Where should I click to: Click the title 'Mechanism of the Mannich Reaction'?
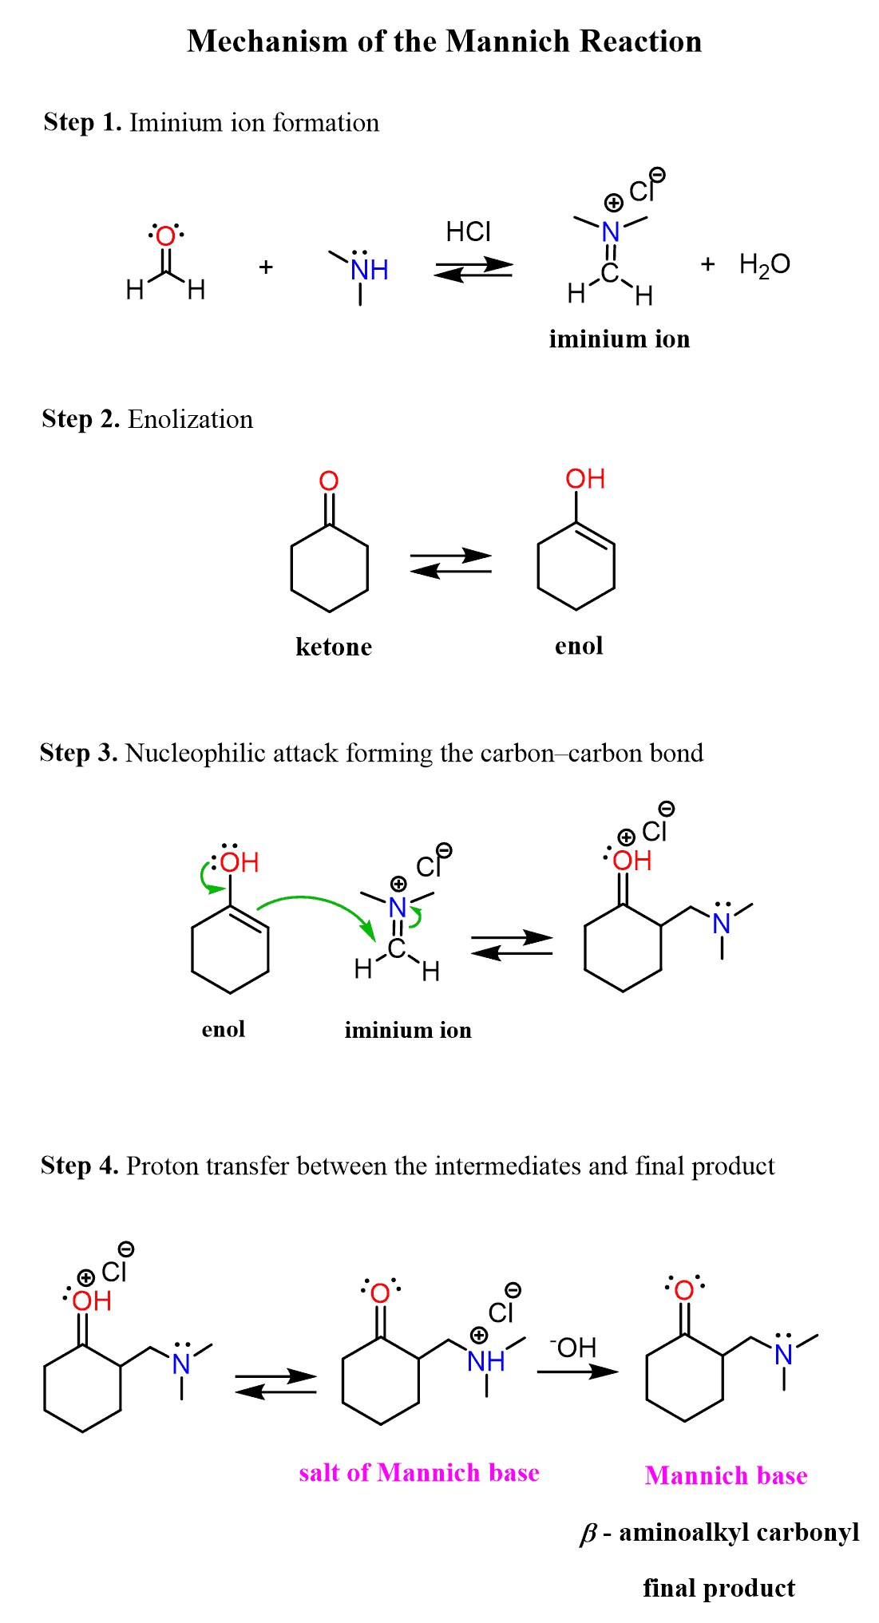coord(444,42)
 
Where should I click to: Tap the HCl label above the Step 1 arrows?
coord(468,232)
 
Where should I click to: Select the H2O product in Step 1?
coord(764,264)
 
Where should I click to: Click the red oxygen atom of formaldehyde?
coord(165,236)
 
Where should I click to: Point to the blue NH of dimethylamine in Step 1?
coord(369,270)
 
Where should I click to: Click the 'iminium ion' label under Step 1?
coord(619,339)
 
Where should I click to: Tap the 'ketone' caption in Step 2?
coord(334,647)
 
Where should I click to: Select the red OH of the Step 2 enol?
coord(584,479)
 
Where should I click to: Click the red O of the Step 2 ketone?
coord(329,481)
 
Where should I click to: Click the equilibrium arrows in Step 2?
coord(450,563)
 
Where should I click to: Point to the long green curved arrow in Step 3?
coord(319,902)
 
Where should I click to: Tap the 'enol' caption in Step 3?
coord(223,1029)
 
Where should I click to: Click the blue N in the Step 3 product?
coord(722,924)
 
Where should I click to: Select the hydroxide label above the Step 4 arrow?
coord(573,1348)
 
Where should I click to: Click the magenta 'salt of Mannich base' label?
coord(419,1473)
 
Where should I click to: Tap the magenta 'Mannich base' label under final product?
coord(726,1475)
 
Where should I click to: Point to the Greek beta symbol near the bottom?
coord(588,1534)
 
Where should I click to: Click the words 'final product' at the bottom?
coord(719,1589)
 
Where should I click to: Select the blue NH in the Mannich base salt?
coord(485,1361)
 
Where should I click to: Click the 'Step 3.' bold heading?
coord(79,753)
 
